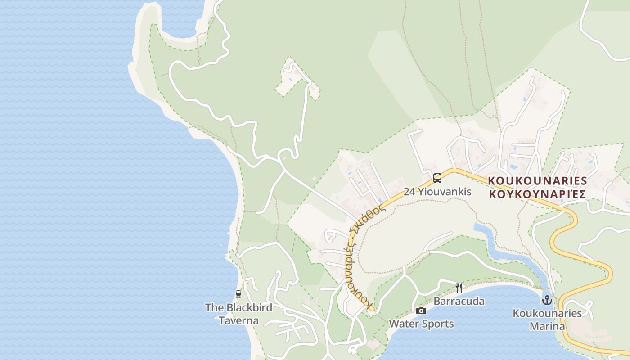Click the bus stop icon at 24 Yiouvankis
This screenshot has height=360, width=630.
click(x=437, y=178)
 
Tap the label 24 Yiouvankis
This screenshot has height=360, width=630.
click(x=437, y=192)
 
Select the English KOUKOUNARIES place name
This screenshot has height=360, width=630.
click(x=538, y=181)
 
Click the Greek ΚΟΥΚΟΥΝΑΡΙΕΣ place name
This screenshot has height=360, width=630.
click(x=538, y=194)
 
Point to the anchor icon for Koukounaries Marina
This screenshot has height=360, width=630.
click(x=547, y=300)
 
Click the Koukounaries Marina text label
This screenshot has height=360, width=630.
click(x=547, y=319)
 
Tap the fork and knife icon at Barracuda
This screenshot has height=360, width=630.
click(x=459, y=288)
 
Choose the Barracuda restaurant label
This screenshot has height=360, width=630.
click(x=459, y=301)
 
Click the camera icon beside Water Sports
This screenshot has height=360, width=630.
click(x=421, y=310)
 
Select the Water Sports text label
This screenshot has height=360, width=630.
click(x=421, y=324)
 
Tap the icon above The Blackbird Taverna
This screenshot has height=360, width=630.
click(x=238, y=294)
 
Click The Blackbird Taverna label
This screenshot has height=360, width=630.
click(x=238, y=314)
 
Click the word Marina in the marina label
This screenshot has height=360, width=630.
click(x=547, y=326)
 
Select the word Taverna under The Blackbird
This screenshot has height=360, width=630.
click(x=238, y=321)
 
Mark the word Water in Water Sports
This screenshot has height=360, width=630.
click(x=404, y=324)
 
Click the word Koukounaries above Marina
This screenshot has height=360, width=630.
click(x=547, y=313)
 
